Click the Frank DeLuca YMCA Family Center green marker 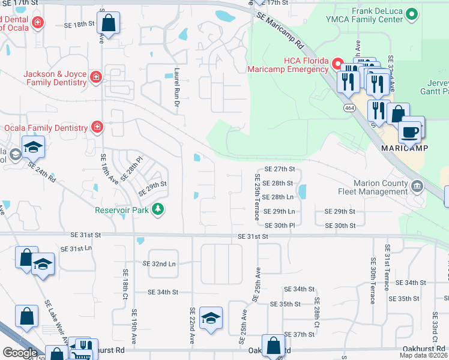click(x=412, y=13)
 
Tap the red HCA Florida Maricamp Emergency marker click(x=338, y=63)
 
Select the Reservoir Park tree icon click(x=158, y=209)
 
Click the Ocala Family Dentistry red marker click(x=96, y=127)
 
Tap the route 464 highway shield click(x=348, y=107)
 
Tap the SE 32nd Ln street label click(x=159, y=263)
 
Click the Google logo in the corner click(x=20, y=353)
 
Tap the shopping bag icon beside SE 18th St click(x=108, y=24)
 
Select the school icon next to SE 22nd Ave click(x=211, y=319)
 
